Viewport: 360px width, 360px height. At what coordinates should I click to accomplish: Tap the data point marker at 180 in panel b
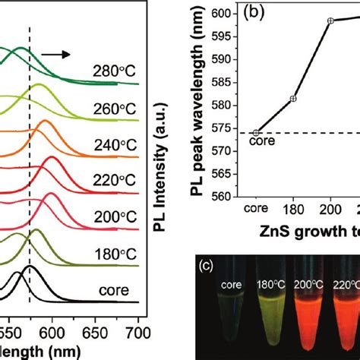point(293,98)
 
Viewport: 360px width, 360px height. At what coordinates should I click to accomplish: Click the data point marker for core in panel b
point(256,133)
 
